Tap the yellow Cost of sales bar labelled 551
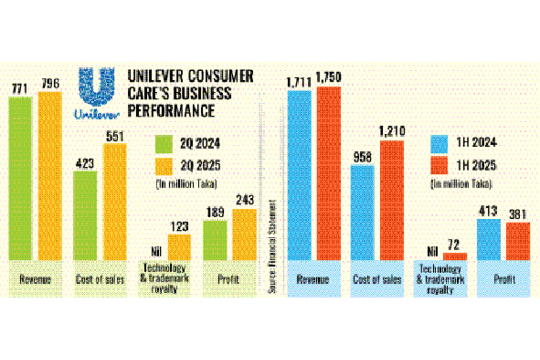(x=115, y=202)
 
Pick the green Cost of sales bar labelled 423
(x=85, y=215)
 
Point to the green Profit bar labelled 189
(x=215, y=240)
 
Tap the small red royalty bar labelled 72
(x=455, y=256)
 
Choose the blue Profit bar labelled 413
(x=490, y=239)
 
